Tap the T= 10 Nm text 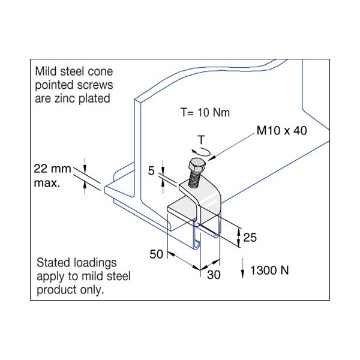206,112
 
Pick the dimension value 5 152,171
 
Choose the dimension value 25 250,238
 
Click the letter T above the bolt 202,140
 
